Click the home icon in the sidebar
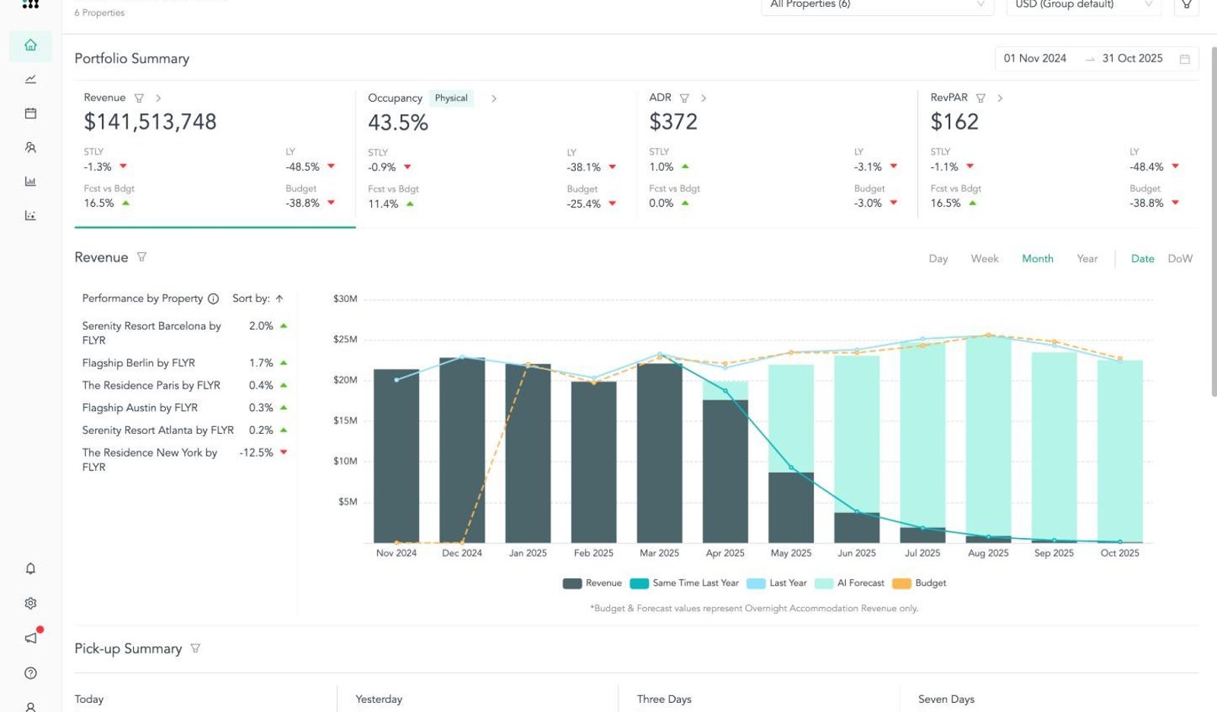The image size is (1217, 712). point(30,45)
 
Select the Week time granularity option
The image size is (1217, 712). point(984,259)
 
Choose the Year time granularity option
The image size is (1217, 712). point(1087,259)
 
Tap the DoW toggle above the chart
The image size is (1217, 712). point(1180,259)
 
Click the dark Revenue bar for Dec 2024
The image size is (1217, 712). point(462,450)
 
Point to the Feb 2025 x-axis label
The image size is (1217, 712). point(593,553)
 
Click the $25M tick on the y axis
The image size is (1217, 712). point(345,340)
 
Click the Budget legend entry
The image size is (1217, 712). point(920,583)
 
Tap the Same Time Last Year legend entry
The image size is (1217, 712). point(685,583)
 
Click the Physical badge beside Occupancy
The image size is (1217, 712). point(451,98)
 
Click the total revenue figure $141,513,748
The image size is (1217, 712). point(150,122)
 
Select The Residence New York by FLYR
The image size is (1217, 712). point(149,460)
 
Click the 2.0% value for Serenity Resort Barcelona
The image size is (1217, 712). point(261,326)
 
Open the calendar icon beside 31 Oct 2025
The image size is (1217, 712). point(1185,59)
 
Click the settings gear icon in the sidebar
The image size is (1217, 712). point(30,603)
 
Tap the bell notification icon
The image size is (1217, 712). point(30,568)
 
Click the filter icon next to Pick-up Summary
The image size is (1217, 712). point(195,648)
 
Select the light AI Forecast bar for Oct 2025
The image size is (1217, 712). point(1120,451)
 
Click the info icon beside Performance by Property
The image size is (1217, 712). point(214,299)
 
